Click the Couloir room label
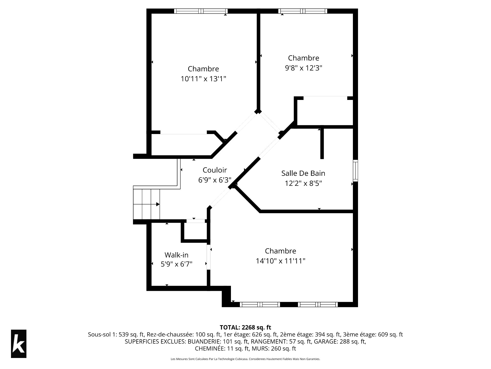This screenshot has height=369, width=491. (x=215, y=170)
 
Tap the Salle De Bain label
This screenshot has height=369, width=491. (x=303, y=173)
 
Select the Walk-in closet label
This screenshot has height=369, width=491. (x=176, y=255)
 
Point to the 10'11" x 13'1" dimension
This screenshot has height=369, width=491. (x=204, y=79)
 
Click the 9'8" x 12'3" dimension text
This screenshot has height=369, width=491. (x=304, y=68)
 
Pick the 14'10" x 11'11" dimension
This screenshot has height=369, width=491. (x=281, y=261)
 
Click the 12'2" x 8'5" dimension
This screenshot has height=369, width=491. (x=303, y=183)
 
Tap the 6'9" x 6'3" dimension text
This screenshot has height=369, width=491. (x=215, y=180)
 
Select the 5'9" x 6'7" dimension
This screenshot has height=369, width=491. (x=176, y=264)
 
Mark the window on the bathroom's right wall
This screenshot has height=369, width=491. (x=355, y=170)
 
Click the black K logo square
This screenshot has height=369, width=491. (x=19, y=344)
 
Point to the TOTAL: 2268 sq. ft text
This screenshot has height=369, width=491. (x=245, y=327)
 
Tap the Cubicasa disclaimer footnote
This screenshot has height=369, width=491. (x=245, y=359)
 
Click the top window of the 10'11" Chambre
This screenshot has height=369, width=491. (x=201, y=11)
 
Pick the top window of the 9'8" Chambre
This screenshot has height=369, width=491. (x=303, y=11)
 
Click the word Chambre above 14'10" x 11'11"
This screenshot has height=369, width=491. (x=281, y=251)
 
